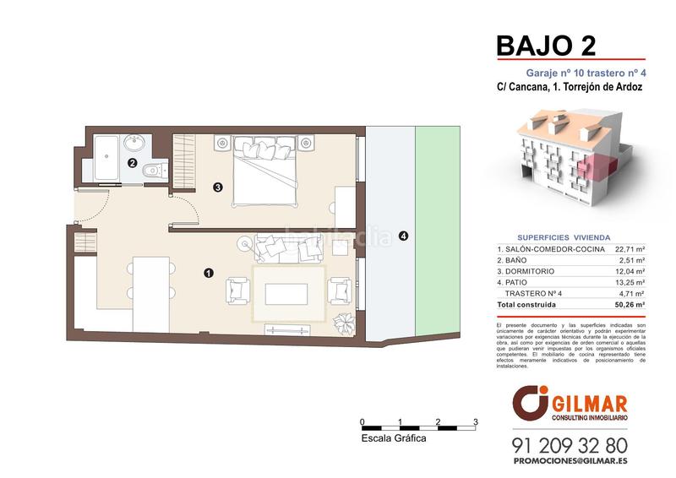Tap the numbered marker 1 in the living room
pyautogui.click(x=208, y=272)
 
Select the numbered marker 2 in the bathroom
pyautogui.click(x=132, y=163)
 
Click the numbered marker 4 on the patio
pyautogui.click(x=403, y=236)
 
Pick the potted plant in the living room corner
pyautogui.click(x=345, y=323)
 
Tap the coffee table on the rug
pyautogui.click(x=287, y=293)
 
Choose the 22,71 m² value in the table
pyautogui.click(x=630, y=250)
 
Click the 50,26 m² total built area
pyautogui.click(x=630, y=304)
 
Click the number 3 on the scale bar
pyautogui.click(x=476, y=421)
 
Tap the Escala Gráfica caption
pyautogui.click(x=393, y=439)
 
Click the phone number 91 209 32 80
pyautogui.click(x=570, y=444)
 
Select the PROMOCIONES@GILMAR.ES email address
pyautogui.click(x=570, y=462)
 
